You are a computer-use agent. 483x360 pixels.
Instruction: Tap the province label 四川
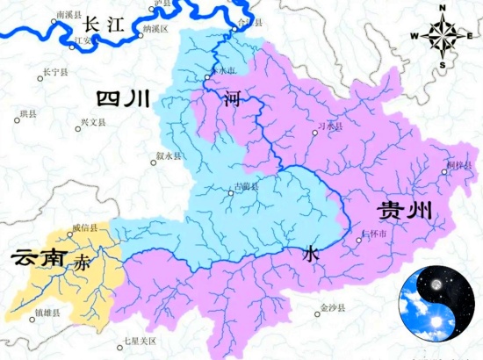coord(122,98)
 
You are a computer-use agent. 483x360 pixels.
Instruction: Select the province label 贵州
coord(405,211)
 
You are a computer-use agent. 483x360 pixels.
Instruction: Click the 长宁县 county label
coord(54,71)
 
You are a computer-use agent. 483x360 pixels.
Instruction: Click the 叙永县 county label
coord(168,155)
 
